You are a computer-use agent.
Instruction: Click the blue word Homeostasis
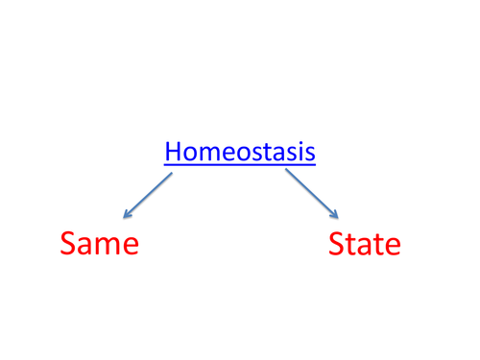[x=240, y=152]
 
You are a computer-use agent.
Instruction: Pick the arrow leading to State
[x=312, y=195]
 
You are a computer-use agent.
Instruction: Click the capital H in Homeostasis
[x=172, y=152]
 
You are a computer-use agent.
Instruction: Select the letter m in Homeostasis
[x=204, y=154]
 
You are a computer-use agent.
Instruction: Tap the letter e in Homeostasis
[x=221, y=154]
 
